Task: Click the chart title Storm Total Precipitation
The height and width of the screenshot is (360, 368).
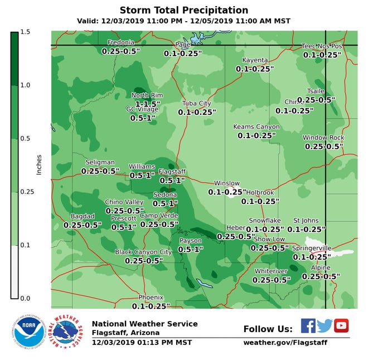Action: pos(184,11)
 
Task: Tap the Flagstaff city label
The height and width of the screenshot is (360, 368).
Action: pos(172,172)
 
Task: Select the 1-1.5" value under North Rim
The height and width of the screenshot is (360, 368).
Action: pos(148,104)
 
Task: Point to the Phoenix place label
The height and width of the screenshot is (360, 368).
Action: pos(151,297)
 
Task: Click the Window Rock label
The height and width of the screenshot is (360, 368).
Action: pos(323,138)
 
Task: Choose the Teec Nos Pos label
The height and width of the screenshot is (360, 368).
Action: pos(322,46)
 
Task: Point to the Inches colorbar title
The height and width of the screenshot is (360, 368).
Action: pos(39,164)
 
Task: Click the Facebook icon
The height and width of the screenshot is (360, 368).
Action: pos(308,325)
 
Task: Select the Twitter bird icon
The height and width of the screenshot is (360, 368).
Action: pos(325,325)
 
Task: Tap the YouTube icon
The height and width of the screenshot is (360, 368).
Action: pos(341,325)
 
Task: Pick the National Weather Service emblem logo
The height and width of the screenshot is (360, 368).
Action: pos(66,333)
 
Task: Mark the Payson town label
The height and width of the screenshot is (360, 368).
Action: pos(190,241)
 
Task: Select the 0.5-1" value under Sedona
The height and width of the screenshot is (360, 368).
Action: pos(165,203)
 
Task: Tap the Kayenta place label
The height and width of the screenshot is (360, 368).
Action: pos(255,60)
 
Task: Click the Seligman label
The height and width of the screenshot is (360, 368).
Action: pos(100,162)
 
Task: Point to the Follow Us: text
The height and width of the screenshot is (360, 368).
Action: pos(268,329)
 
